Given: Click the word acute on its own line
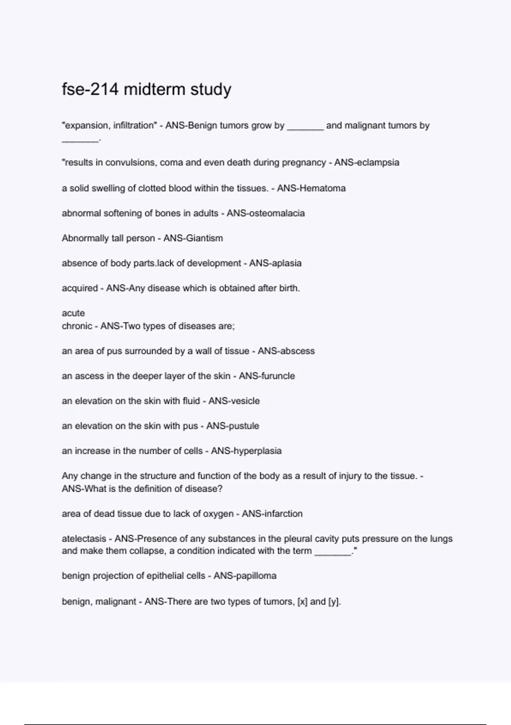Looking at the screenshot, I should point(73,313).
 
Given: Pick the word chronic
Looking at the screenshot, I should point(77,326).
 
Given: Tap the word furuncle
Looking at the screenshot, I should point(276,376).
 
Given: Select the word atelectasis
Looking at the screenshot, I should point(84,539).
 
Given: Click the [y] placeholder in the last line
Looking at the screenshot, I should point(334,602).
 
